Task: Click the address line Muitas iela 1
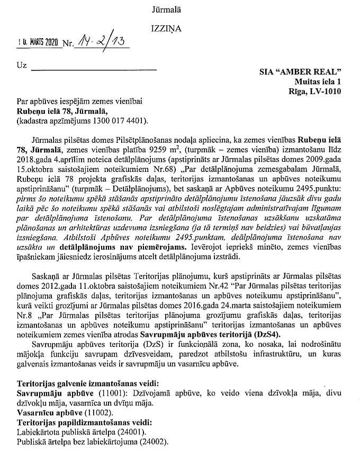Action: (x=317, y=81)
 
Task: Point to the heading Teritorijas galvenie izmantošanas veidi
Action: (x=81, y=384)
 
